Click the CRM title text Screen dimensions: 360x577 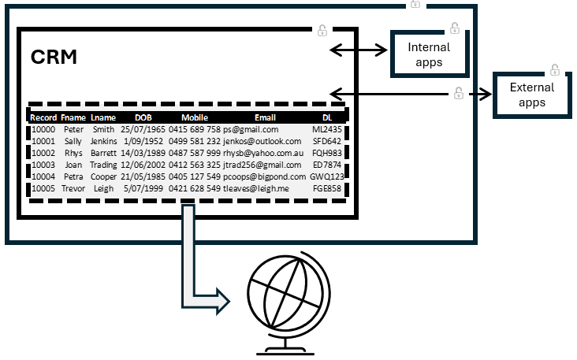(x=54, y=57)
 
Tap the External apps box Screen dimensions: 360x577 (x=532, y=94)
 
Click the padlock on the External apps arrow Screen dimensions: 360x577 (x=458, y=93)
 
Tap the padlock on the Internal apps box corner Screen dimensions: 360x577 (x=454, y=29)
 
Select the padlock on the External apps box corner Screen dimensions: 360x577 (x=555, y=69)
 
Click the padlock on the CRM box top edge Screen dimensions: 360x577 (x=322, y=31)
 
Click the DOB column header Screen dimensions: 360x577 (x=142, y=117)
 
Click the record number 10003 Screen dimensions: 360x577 (x=43, y=165)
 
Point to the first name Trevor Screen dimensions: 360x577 (x=73, y=188)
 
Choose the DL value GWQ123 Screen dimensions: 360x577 (x=327, y=176)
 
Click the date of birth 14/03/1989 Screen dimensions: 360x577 (x=143, y=153)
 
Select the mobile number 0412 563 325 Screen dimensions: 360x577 (x=195, y=165)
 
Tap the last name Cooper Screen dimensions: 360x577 (x=103, y=176)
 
